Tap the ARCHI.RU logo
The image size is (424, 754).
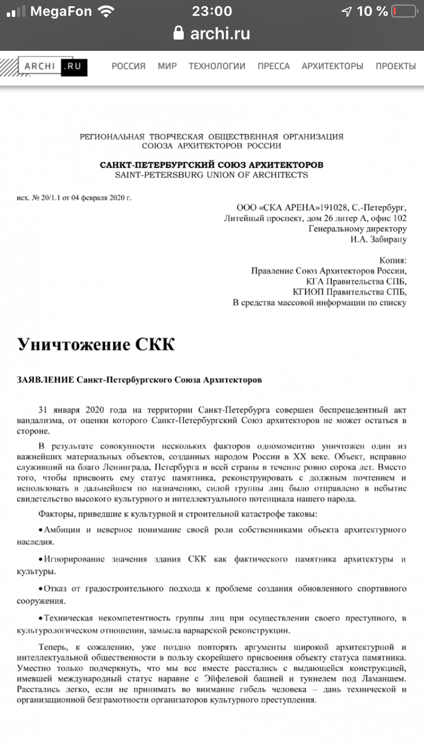[x=52, y=66]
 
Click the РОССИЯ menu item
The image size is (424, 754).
[x=128, y=66]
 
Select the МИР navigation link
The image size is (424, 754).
[x=167, y=66]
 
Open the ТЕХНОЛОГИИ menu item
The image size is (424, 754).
[x=217, y=66]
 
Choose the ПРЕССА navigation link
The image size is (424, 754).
[x=274, y=66]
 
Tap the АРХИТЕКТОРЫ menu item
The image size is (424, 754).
[x=332, y=66]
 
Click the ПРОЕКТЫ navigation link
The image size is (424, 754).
[x=396, y=66]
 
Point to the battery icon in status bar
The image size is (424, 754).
[x=404, y=11]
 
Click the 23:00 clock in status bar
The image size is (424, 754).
[x=212, y=11]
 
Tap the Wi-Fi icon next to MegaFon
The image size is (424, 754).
[x=106, y=11]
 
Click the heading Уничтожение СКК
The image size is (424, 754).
[x=96, y=344]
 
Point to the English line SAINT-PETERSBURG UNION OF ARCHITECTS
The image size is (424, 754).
[x=211, y=175]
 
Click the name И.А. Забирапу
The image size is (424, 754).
[x=378, y=239]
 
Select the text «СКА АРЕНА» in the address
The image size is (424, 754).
[x=284, y=207]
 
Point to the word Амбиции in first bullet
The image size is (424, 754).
[x=64, y=530]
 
